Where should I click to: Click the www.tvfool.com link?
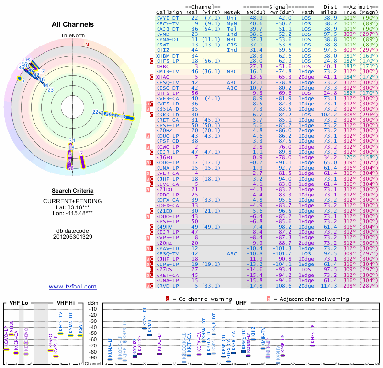click(x=73, y=287)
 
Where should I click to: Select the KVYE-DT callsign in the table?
click(x=169, y=17)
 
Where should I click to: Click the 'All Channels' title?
click(x=73, y=24)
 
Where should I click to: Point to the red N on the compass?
click(x=87, y=45)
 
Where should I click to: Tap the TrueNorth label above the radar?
click(x=73, y=36)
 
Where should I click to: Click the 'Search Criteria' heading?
click(x=73, y=191)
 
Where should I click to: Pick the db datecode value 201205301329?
click(x=73, y=236)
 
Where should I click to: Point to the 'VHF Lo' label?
click(x=19, y=302)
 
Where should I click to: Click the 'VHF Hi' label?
click(x=66, y=302)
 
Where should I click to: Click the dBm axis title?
click(x=93, y=303)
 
